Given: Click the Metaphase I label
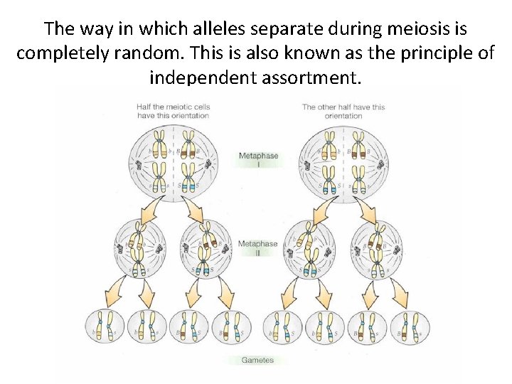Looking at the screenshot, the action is (x=258, y=159).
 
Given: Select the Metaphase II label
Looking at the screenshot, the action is (x=257, y=247).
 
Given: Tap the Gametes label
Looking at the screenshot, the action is (x=257, y=360).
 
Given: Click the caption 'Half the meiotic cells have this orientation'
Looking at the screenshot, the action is (x=173, y=112).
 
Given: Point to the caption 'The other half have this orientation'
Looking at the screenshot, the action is (x=343, y=112).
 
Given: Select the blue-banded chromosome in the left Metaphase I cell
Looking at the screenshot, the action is (x=188, y=178).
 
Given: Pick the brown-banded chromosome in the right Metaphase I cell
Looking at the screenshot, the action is (x=330, y=145).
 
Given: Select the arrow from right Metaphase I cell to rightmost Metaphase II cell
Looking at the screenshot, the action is (x=367, y=208).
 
